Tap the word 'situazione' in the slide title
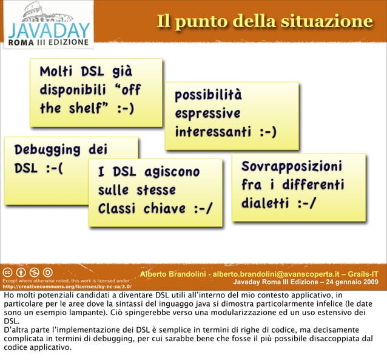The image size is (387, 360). pos(327,21)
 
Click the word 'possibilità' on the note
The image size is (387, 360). pos(208,95)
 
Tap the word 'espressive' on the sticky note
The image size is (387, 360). pos(207,114)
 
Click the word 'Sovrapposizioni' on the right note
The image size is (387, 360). pos(291,166)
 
